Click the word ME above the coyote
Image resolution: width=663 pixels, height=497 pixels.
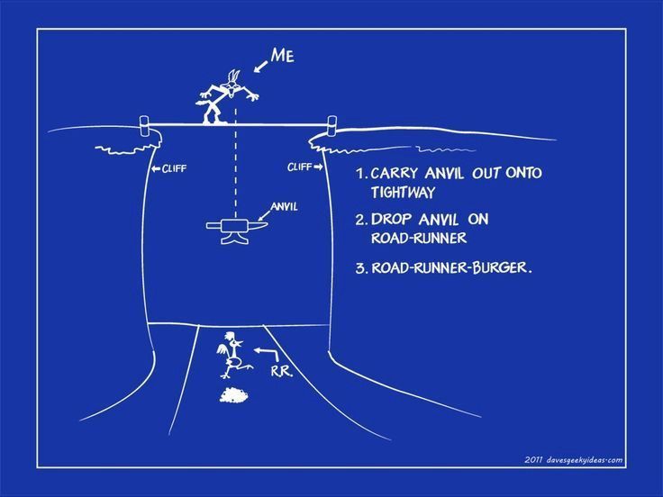pyautogui.click(x=283, y=55)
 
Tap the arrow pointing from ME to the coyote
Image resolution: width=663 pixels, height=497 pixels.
pyautogui.click(x=261, y=67)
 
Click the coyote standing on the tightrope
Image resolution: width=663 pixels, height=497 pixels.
pyautogui.click(x=226, y=96)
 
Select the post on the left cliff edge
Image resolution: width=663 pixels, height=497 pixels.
pyautogui.click(x=145, y=126)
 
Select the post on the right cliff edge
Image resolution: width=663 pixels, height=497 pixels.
pyautogui.click(x=331, y=126)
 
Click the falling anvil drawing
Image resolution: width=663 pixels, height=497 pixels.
pyautogui.click(x=237, y=230)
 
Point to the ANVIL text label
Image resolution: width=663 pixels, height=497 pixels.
pyautogui.click(x=284, y=207)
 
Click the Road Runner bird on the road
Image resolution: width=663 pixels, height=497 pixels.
pyautogui.click(x=232, y=355)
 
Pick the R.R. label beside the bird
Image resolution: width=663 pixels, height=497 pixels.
pyautogui.click(x=281, y=371)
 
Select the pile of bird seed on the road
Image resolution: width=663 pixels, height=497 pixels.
pyautogui.click(x=234, y=395)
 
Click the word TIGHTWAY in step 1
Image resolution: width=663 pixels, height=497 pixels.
pyautogui.click(x=403, y=193)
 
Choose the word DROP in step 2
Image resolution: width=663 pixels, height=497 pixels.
pyautogui.click(x=391, y=220)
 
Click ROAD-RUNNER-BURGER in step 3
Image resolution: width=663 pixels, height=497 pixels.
pyautogui.click(x=450, y=267)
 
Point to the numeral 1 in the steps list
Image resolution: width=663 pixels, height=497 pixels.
pyautogui.click(x=360, y=173)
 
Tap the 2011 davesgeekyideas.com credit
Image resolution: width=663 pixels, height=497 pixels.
pyautogui.click(x=573, y=460)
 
